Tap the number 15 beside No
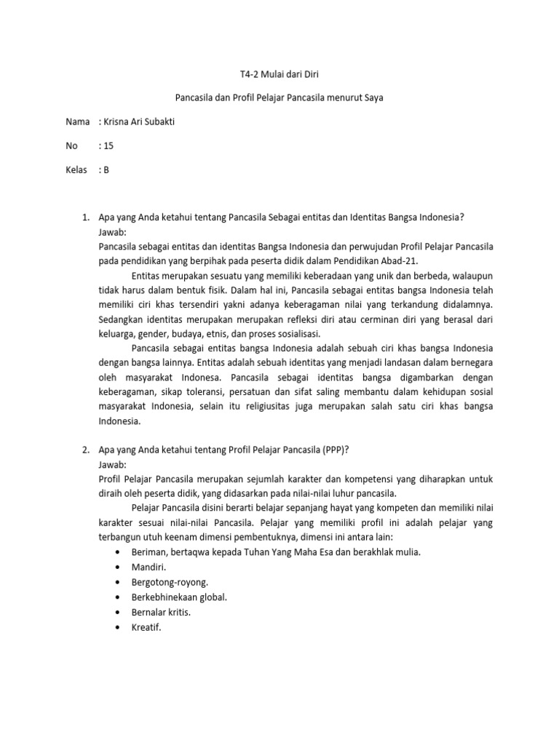(x=108, y=146)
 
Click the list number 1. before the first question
(x=84, y=218)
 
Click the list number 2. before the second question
(x=84, y=450)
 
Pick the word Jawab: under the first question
(x=112, y=232)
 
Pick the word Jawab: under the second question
(x=112, y=464)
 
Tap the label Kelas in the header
(x=77, y=170)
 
